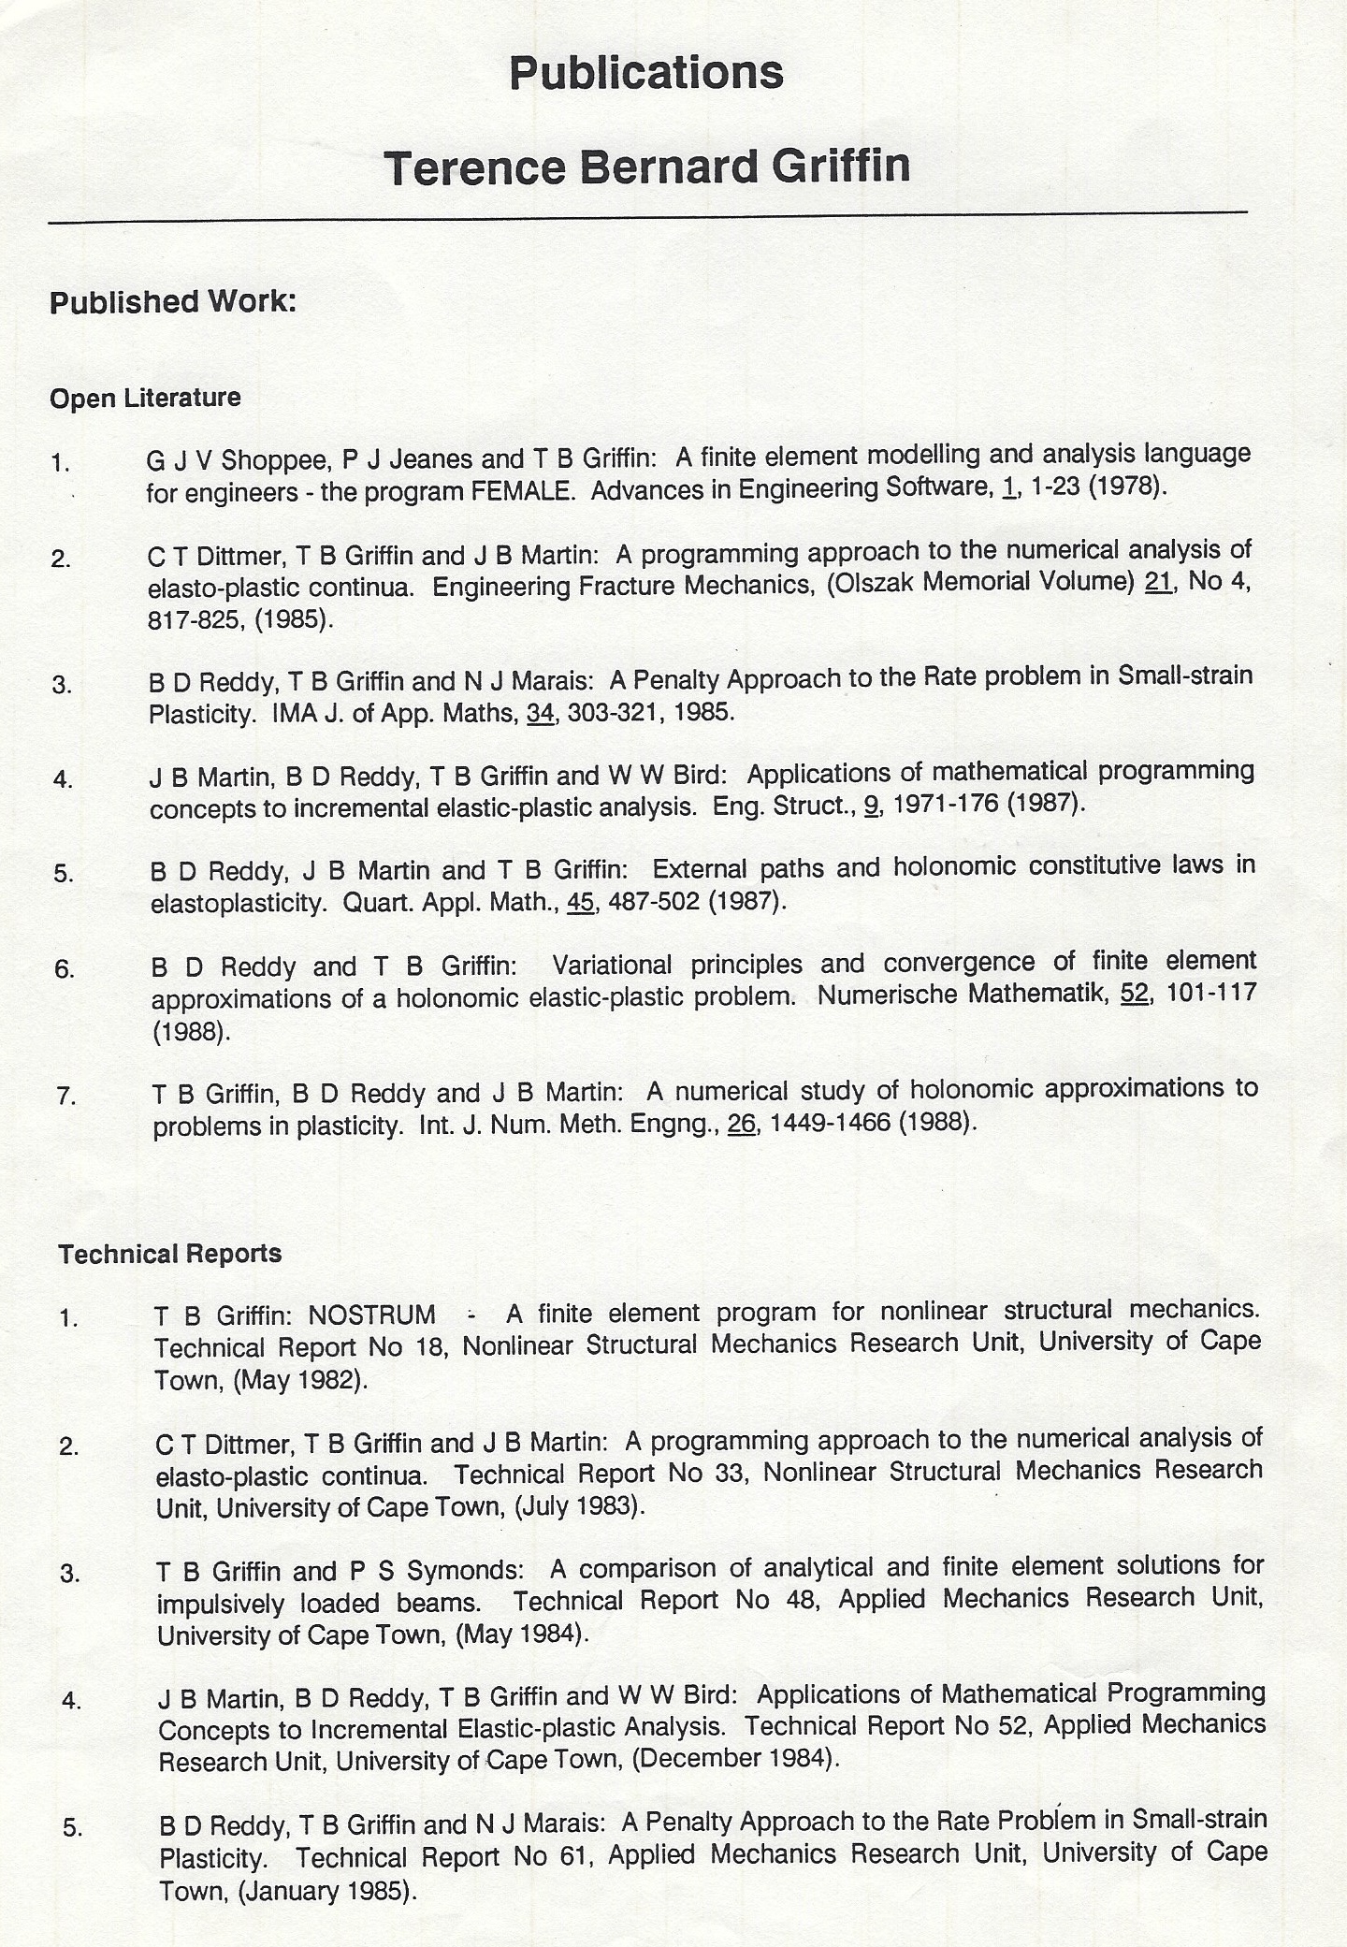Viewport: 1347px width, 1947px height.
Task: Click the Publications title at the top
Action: point(646,73)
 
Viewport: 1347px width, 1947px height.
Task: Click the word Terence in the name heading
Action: point(475,167)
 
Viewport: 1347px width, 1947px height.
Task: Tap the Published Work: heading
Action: point(173,302)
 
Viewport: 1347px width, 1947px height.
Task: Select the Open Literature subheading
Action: point(145,398)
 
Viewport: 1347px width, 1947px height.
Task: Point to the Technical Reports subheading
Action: point(169,1254)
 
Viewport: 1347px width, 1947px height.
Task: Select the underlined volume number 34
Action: point(541,713)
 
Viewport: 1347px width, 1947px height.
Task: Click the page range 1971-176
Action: point(946,805)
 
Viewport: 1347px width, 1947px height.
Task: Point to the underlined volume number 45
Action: point(581,903)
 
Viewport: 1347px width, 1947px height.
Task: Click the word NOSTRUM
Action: point(372,1315)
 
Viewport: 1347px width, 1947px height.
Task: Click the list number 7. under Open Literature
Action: point(66,1096)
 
